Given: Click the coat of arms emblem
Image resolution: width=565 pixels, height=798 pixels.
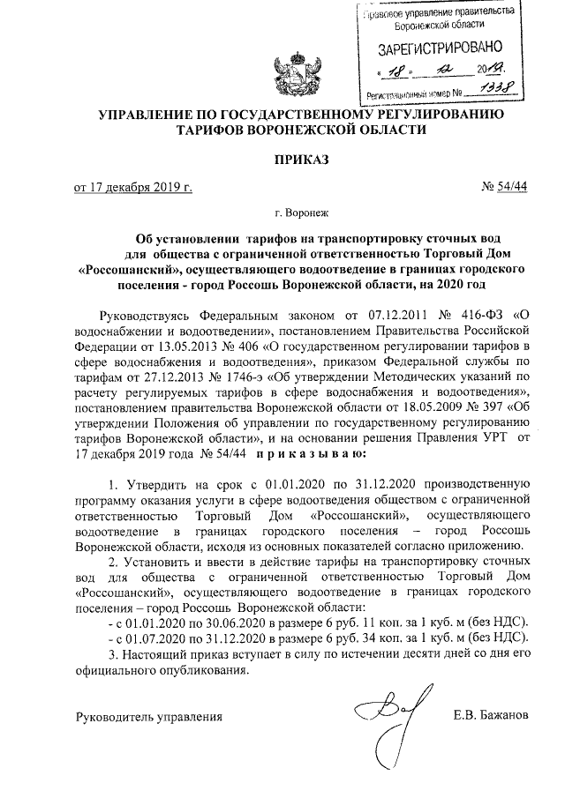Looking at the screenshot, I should click(290, 76).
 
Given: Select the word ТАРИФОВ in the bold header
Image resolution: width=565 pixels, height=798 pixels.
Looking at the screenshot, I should click(214, 129).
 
